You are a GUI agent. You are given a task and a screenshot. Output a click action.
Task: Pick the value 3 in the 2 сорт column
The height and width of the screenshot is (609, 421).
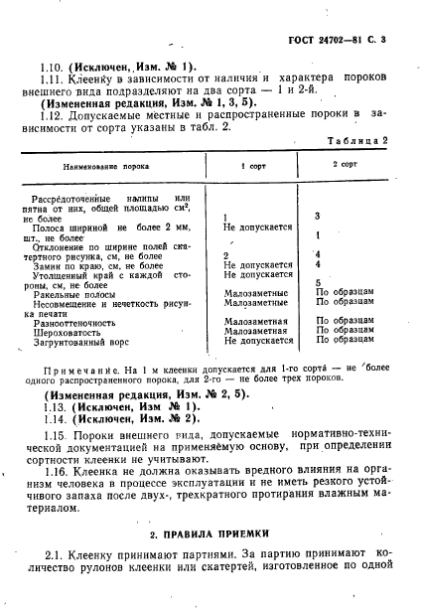point(317,216)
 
